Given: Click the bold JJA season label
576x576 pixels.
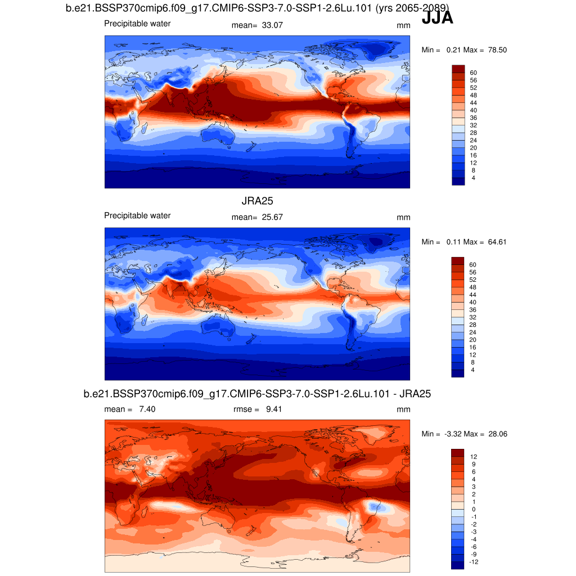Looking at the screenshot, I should pos(437,19).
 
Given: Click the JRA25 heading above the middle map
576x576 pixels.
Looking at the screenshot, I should pos(257,201).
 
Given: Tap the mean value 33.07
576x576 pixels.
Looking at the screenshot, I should pos(273,25).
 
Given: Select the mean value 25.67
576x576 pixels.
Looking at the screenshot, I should pos(273,217).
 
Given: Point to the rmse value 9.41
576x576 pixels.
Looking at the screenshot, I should pos(274,409).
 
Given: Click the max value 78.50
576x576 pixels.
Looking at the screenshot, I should pos(497,50).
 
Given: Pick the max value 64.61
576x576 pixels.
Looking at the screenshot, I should pos(497,242).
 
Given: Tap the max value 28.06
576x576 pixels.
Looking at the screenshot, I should pos(497,434).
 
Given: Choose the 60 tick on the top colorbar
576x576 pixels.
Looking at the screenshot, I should pos(473,73).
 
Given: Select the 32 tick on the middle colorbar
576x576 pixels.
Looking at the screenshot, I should pos(473,317).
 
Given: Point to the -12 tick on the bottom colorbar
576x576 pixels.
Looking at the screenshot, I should pos(473,562).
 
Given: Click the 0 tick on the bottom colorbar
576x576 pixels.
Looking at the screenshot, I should pos(473,509).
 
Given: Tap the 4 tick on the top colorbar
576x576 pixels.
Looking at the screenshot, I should pos(473,178).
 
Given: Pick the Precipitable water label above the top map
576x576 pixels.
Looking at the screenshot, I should pos(137,24).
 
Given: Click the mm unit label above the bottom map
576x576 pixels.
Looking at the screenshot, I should pos(403,409).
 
